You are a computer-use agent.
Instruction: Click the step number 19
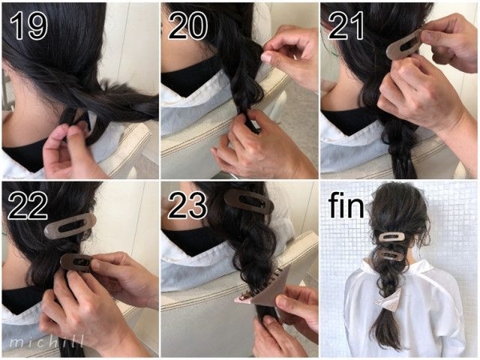coord(29,26)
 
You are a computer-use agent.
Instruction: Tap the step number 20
coord(188,26)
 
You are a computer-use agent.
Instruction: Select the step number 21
coord(346,26)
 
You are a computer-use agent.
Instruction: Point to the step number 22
coord(27,205)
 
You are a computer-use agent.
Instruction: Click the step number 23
coord(187,205)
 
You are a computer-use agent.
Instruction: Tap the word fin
coord(346,206)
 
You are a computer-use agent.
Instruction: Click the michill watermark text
coord(46,342)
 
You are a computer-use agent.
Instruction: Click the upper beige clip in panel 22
coord(70,226)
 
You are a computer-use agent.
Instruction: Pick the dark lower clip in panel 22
coord(77,262)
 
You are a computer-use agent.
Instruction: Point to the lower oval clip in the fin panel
coord(391,255)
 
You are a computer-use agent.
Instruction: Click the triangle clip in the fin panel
coord(386,299)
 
